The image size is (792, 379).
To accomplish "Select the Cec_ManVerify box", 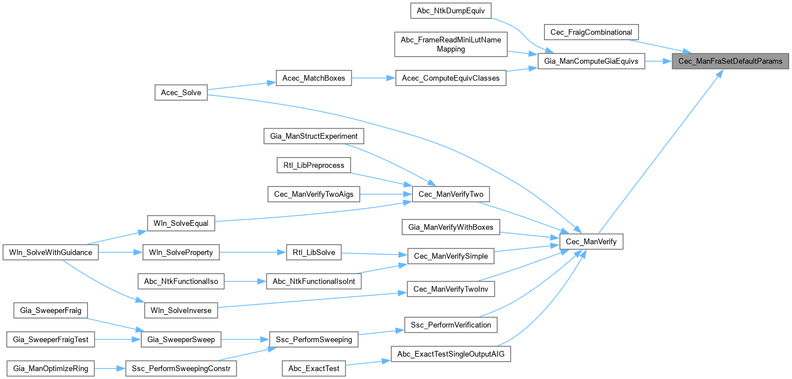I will (x=591, y=243).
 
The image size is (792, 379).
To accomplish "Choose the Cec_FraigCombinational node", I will (x=591, y=32).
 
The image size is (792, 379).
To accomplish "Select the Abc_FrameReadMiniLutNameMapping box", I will (x=450, y=44).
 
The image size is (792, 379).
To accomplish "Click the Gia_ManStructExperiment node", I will (x=314, y=136).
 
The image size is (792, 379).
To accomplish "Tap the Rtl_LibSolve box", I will (x=314, y=252).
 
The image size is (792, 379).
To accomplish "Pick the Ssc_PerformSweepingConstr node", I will (x=181, y=369).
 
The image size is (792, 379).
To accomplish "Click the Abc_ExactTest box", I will (x=314, y=369).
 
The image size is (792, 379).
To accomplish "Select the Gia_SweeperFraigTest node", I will (x=51, y=339).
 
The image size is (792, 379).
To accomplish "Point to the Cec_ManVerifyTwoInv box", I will (x=450, y=290).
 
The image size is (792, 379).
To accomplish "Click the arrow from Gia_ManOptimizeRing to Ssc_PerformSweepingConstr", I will (x=109, y=369).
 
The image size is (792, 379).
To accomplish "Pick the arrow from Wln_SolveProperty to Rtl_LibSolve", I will (x=253, y=252).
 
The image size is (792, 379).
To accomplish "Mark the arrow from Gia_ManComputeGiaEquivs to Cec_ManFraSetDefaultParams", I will (x=659, y=61).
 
